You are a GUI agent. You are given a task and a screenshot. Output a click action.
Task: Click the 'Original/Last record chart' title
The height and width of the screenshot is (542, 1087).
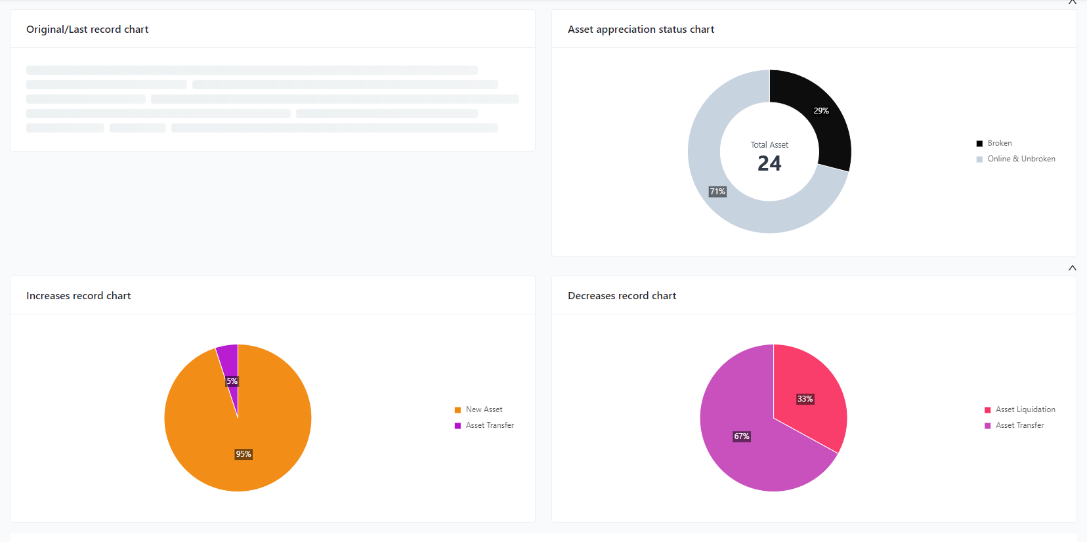pyautogui.click(x=87, y=30)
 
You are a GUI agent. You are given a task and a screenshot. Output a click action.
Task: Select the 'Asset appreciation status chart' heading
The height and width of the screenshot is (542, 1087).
pyautogui.click(x=641, y=30)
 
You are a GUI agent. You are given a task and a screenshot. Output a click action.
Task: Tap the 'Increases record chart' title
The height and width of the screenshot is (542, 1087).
pyautogui.click(x=78, y=296)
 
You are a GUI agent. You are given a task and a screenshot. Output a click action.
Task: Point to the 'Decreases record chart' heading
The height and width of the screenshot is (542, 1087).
pyautogui.click(x=622, y=296)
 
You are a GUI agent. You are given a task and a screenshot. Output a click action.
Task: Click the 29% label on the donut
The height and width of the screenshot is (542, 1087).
pyautogui.click(x=821, y=111)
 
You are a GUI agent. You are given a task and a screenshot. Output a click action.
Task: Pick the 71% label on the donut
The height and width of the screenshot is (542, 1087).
pyautogui.click(x=717, y=192)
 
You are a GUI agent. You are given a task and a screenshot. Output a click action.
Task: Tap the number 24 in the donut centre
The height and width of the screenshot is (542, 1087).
pyautogui.click(x=769, y=163)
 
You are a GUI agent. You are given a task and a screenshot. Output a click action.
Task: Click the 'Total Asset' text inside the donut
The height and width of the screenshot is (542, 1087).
pyautogui.click(x=769, y=145)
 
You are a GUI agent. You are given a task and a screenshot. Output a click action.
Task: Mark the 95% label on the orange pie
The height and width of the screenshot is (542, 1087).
pyautogui.click(x=244, y=454)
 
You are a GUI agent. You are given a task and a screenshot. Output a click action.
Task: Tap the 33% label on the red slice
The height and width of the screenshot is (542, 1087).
pyautogui.click(x=805, y=399)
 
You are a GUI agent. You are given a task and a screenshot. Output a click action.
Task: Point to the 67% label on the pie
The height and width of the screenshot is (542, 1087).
pyautogui.click(x=742, y=436)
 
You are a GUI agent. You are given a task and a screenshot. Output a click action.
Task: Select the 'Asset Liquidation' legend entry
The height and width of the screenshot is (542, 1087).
pyautogui.click(x=1025, y=409)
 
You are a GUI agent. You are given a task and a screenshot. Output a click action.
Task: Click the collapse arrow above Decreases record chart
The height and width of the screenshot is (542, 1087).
pyautogui.click(x=1072, y=268)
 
